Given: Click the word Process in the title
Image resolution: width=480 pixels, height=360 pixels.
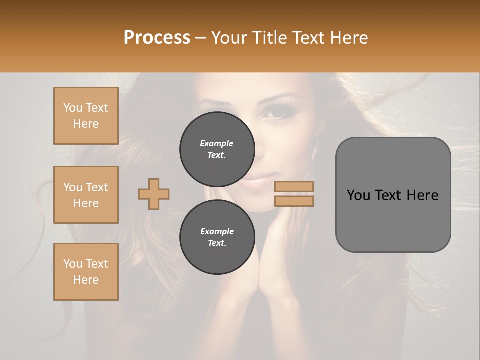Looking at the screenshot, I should (157, 38).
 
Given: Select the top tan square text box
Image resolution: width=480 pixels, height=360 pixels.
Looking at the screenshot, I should (86, 116).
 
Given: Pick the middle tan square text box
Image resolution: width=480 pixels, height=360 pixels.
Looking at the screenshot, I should (86, 195).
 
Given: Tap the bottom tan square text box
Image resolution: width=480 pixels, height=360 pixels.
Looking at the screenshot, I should (86, 272).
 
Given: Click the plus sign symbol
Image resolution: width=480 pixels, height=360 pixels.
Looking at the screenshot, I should (154, 194).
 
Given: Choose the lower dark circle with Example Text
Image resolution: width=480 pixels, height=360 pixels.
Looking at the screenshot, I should (217, 237).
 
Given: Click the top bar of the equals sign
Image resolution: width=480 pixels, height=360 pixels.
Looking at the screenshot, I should (294, 186).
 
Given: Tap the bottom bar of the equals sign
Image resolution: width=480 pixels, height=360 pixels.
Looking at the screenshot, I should (294, 201).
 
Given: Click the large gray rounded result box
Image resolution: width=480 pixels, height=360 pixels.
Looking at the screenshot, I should (393, 195).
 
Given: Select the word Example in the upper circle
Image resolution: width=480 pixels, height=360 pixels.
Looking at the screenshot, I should (217, 143).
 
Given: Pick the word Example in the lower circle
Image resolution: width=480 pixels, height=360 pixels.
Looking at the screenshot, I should (217, 231).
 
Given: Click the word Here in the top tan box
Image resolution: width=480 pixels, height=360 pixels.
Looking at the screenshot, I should (86, 124).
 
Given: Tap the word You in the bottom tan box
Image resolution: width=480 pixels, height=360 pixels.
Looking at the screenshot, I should (73, 264).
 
